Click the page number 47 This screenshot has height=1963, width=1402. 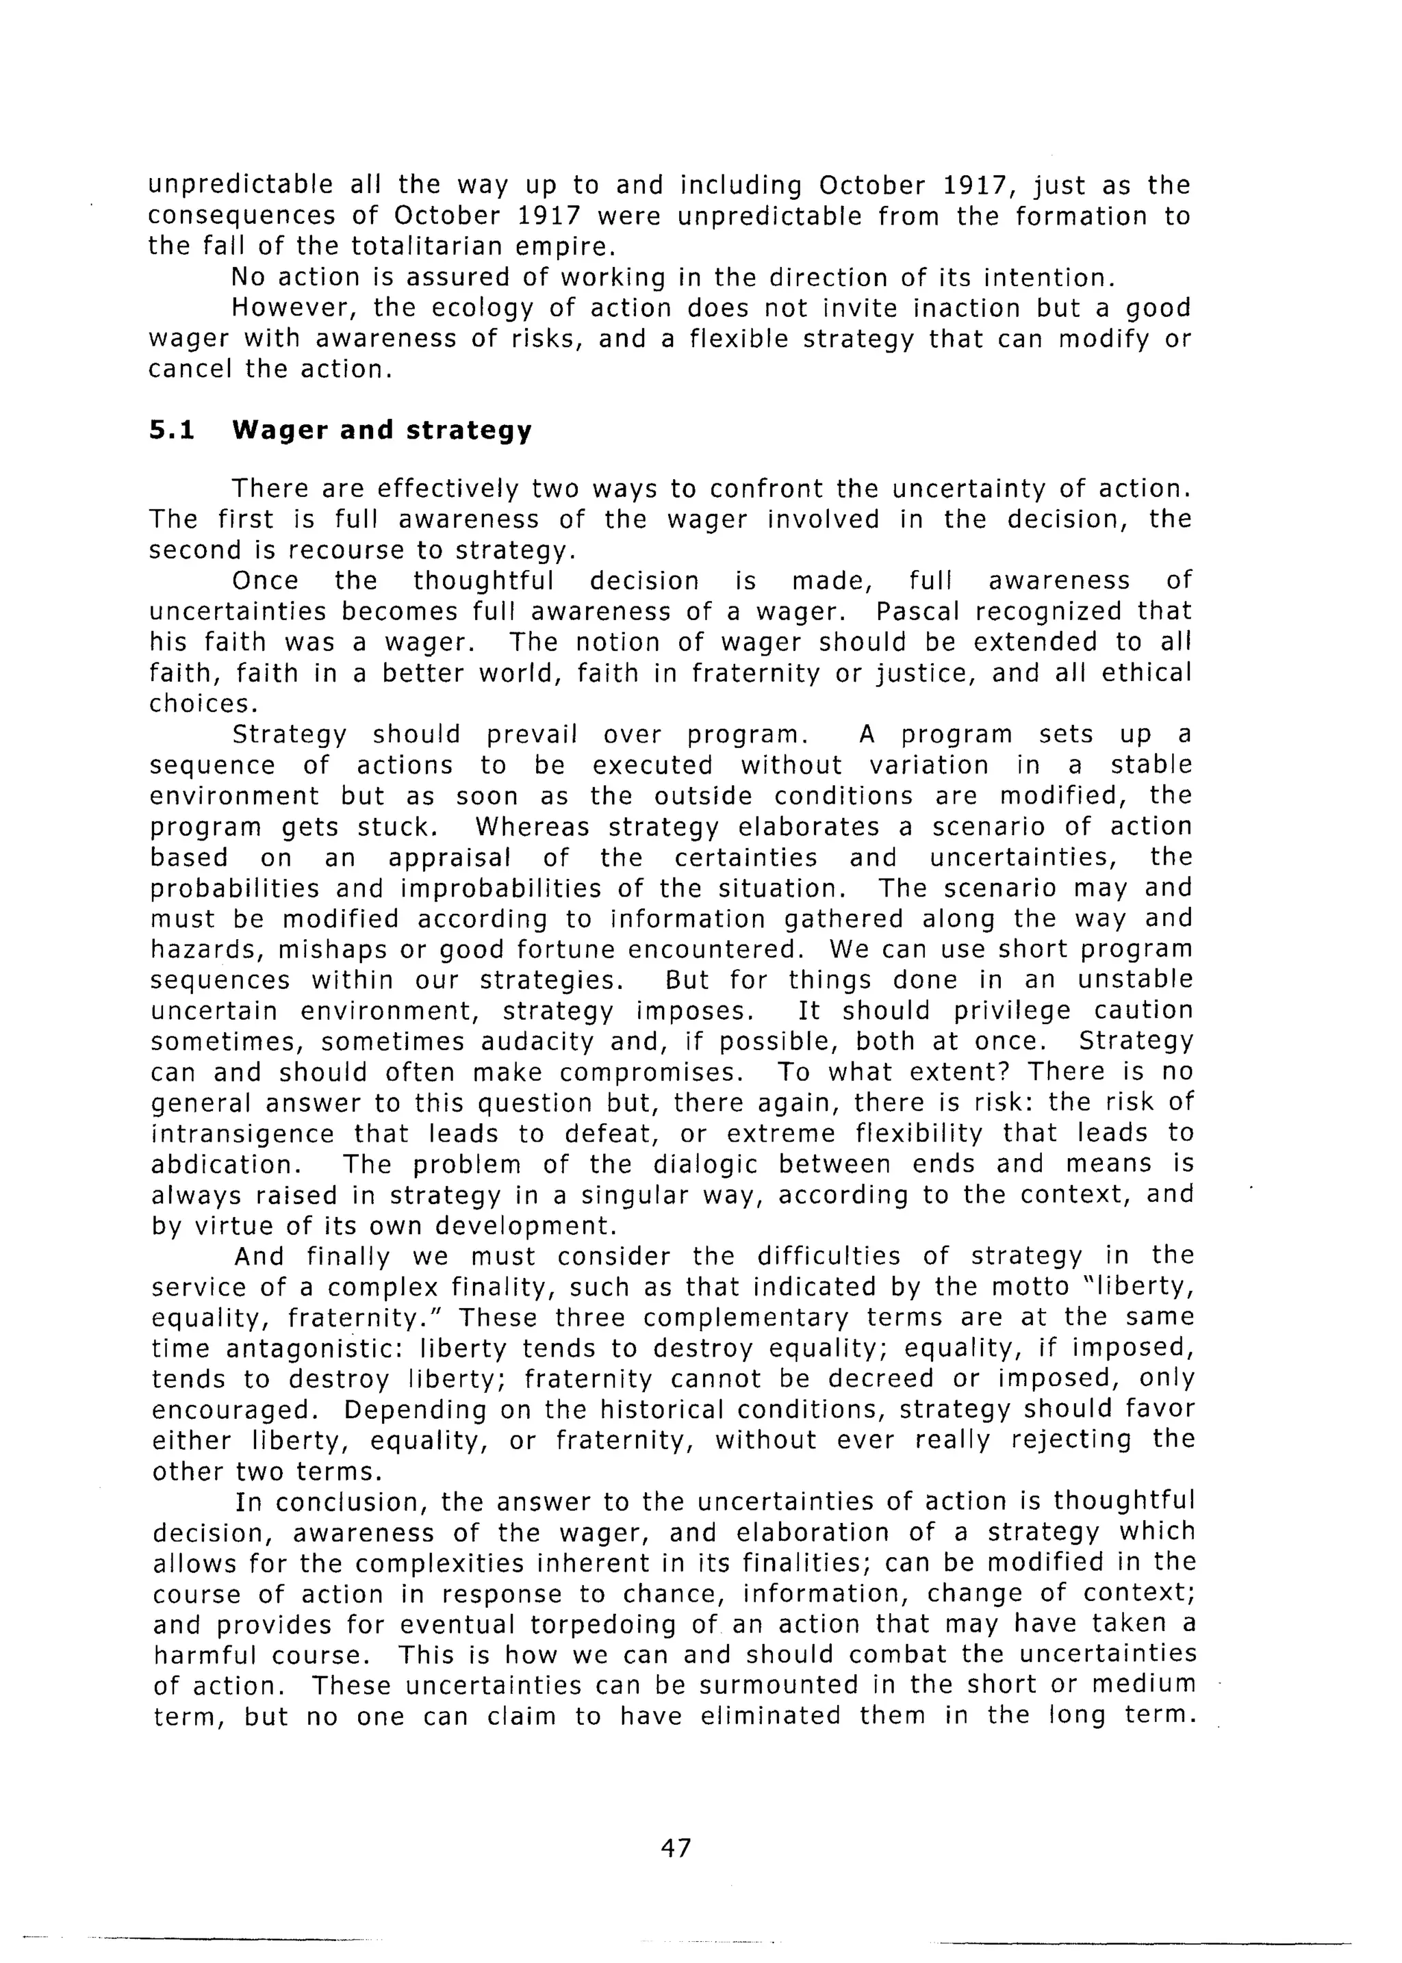[675, 1848]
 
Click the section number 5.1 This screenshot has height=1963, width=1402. [172, 430]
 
